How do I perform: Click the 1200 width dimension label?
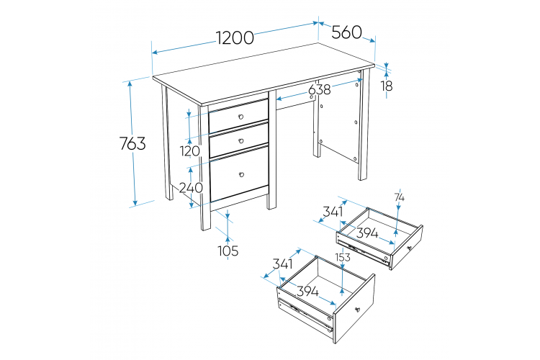(x=235, y=37)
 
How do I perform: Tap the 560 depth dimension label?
(x=346, y=32)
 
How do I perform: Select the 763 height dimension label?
(x=132, y=143)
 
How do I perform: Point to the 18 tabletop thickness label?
(x=387, y=86)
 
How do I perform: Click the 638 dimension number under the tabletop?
(x=319, y=89)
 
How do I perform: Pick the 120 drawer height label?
(x=190, y=151)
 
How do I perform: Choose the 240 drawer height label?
(x=191, y=188)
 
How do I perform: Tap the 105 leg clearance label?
(x=228, y=251)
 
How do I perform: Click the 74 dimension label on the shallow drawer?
(x=400, y=197)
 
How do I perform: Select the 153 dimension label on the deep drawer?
(x=343, y=257)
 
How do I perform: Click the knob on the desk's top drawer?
(x=240, y=117)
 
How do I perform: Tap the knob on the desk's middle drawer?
(x=241, y=140)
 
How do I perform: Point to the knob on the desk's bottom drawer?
(x=241, y=175)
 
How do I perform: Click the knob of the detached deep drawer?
(x=358, y=309)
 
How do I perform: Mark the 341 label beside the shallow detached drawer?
(x=333, y=212)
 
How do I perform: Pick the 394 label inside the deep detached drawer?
(x=307, y=292)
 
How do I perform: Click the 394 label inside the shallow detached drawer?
(x=366, y=233)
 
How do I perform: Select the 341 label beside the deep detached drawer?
(x=282, y=264)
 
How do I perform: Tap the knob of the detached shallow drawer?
(x=410, y=248)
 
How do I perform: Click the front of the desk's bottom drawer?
(x=239, y=174)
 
